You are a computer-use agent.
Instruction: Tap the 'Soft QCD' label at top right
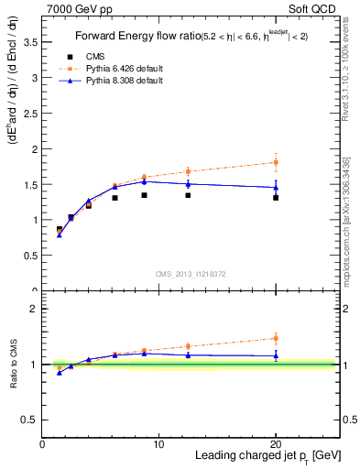pyautogui.click(x=318, y=7)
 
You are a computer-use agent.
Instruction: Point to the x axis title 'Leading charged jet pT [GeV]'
pyautogui.click(x=267, y=456)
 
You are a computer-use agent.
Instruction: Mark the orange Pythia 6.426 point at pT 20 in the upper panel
pyautogui.click(x=276, y=162)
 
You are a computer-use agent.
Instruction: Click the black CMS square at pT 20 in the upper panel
pyautogui.click(x=276, y=198)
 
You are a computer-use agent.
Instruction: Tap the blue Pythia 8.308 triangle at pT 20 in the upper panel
pyautogui.click(x=276, y=187)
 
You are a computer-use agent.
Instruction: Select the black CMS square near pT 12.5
pyautogui.click(x=188, y=195)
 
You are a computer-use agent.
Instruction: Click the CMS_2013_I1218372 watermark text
pyautogui.click(x=191, y=275)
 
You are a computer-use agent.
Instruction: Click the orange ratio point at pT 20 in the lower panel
pyautogui.click(x=276, y=338)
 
